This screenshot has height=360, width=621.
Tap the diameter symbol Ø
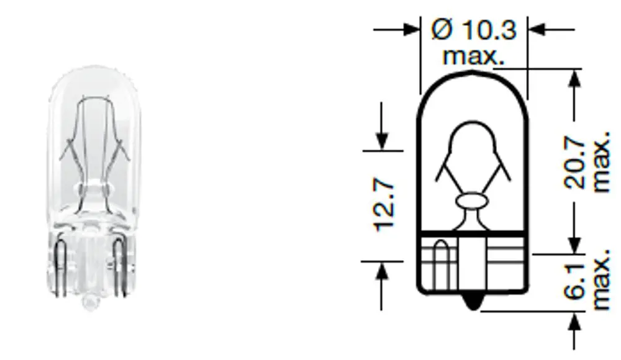pos(442,29)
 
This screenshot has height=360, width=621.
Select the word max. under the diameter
pos(473,56)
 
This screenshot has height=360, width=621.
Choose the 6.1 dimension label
pos(577,283)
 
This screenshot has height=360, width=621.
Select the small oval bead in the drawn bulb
pos(473,202)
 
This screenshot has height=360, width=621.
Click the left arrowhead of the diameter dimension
pos(412,29)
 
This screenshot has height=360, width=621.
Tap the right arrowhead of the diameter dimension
pos(536,29)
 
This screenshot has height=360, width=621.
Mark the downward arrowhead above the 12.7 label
pos(382,141)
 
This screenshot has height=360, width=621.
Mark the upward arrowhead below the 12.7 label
pos(382,270)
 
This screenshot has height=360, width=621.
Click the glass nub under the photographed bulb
pos(89,303)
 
